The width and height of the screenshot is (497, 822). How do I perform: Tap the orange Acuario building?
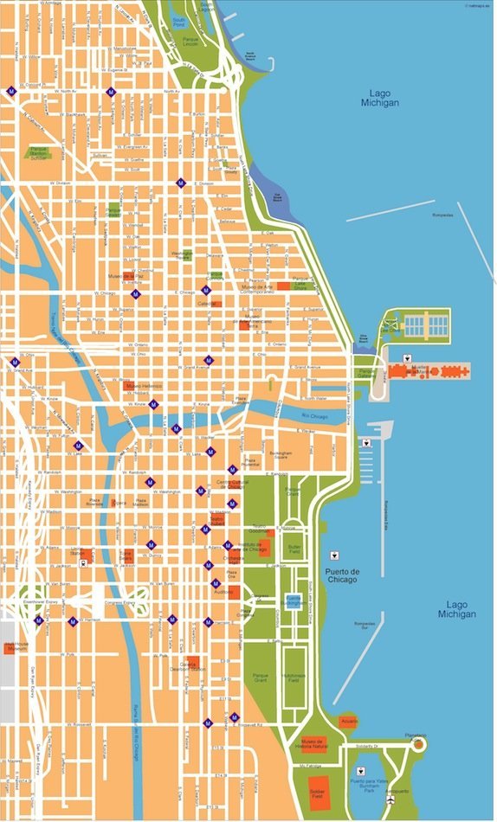coord(348,721)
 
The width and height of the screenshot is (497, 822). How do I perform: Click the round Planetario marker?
coord(419,743)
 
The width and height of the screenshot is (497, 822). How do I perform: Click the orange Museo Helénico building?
coord(129,384)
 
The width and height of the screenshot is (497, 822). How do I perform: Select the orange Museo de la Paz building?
coord(129,278)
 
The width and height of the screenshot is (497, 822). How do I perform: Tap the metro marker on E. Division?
coord(180,183)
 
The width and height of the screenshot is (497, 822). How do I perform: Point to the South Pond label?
coord(179,22)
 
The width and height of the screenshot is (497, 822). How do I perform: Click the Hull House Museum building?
coord(12,646)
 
